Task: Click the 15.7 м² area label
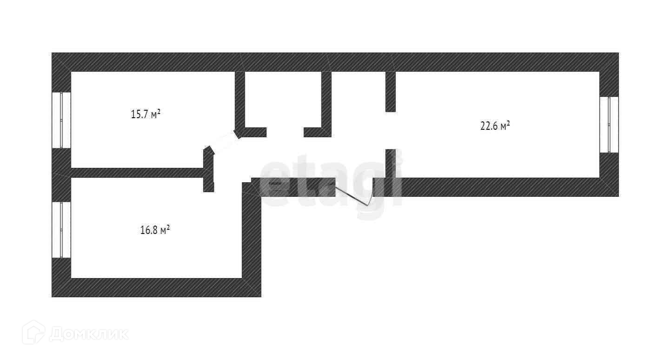pyautogui.click(x=146, y=114)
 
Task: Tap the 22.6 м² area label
pyautogui.click(x=495, y=126)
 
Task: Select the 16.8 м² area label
pyautogui.click(x=154, y=229)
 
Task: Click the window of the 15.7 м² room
pyautogui.click(x=61, y=120)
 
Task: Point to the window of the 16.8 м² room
pyautogui.click(x=61, y=229)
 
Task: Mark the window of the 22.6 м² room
pyautogui.click(x=609, y=124)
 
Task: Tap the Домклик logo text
pyautogui.click(x=88, y=333)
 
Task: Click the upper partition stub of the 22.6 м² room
pyautogui.click(x=390, y=91)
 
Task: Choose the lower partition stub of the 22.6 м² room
pyautogui.click(x=390, y=163)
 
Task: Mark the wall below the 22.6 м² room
pyautogui.click(x=498, y=187)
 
